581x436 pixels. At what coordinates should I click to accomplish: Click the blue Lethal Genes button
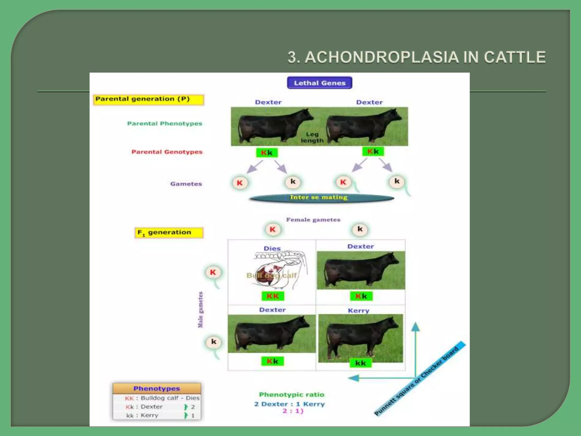point(319,83)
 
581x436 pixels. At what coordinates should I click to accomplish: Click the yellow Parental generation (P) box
point(148,100)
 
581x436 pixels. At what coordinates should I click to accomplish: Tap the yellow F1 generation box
point(169,233)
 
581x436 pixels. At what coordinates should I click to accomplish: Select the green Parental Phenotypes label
point(165,123)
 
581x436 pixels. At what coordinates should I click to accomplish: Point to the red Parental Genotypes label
point(167,152)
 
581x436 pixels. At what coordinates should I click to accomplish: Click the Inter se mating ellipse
point(321,198)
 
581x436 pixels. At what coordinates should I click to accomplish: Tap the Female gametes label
point(313,220)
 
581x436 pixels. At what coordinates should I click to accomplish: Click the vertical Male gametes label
point(200,309)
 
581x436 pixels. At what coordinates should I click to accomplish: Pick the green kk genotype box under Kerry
point(361,363)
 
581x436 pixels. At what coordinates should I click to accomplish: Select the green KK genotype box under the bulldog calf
point(273,296)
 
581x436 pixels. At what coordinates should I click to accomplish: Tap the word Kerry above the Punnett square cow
point(359,311)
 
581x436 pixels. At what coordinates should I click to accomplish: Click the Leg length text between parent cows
point(312,137)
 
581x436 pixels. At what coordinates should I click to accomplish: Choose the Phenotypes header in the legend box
point(157,388)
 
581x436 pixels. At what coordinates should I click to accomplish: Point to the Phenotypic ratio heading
point(292,395)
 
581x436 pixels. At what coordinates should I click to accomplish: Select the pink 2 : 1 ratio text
point(293,411)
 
